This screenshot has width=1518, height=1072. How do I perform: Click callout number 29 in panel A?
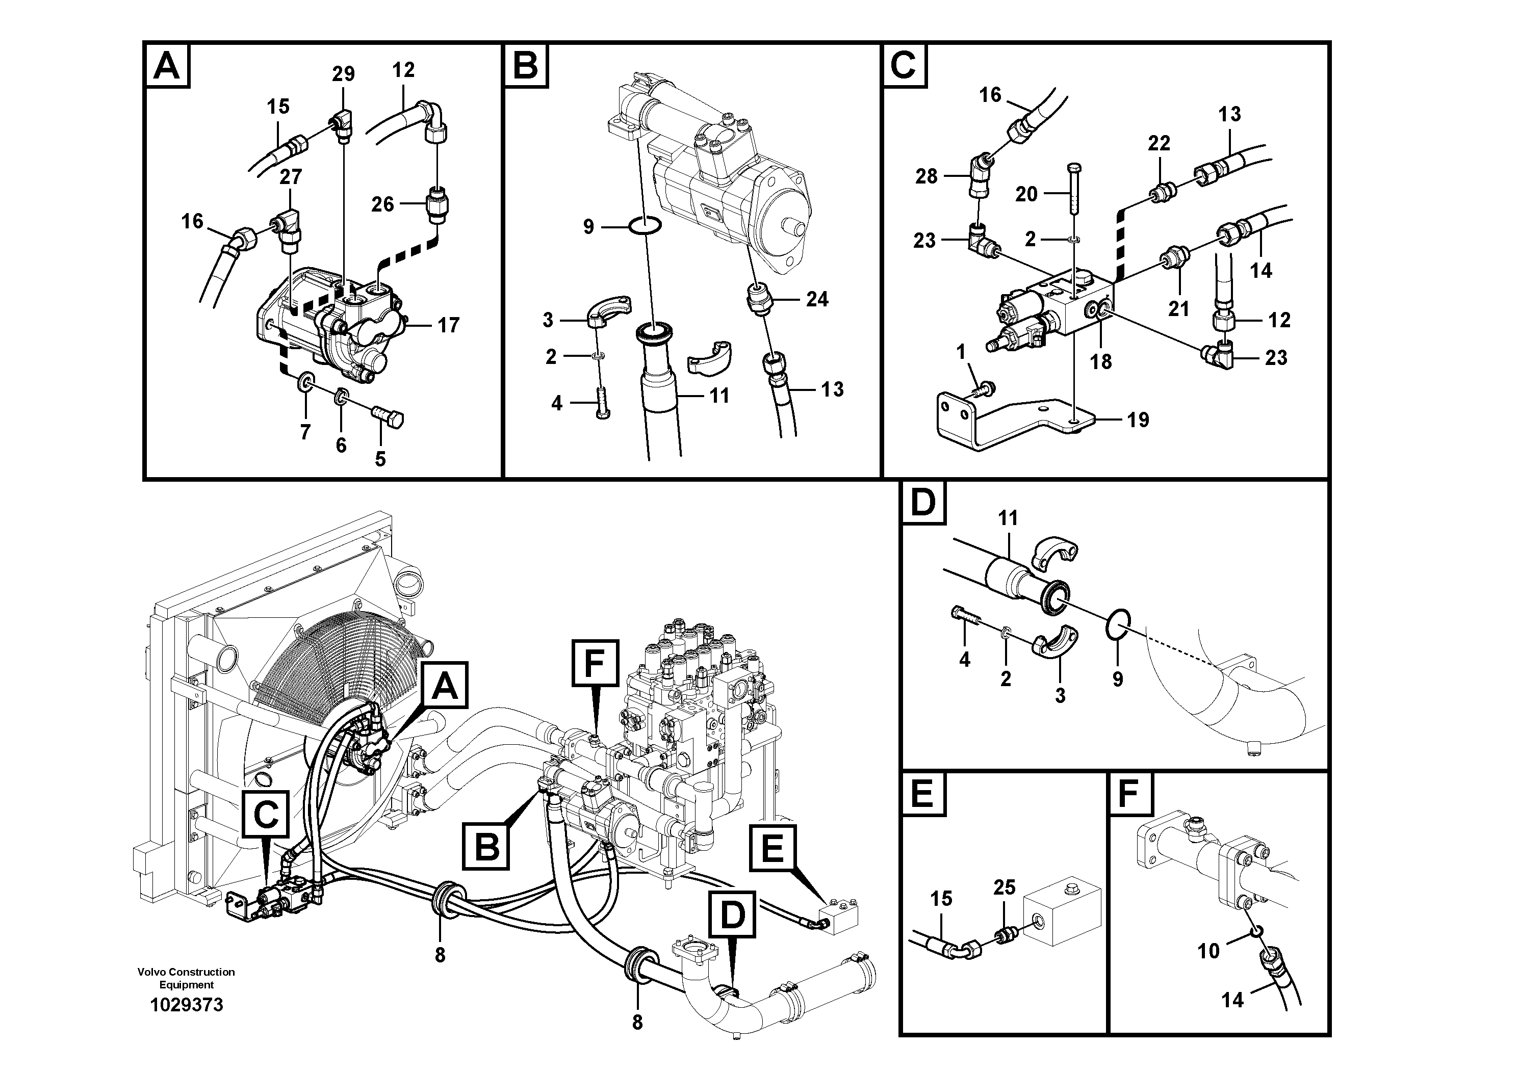pos(343,74)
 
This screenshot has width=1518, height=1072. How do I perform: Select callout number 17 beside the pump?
pos(448,325)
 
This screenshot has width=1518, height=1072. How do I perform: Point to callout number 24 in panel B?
pos(817,299)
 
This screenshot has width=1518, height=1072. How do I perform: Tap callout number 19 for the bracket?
pos(1138,420)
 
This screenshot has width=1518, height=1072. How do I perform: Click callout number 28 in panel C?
pos(927,176)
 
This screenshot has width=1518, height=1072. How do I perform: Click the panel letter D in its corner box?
pos(923,503)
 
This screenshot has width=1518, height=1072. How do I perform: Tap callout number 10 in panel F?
pos(1208,951)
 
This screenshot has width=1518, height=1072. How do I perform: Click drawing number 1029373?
pos(187,1005)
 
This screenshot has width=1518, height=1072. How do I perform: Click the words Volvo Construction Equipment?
pos(187,978)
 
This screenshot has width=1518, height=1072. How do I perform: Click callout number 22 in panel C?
pos(1159,143)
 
